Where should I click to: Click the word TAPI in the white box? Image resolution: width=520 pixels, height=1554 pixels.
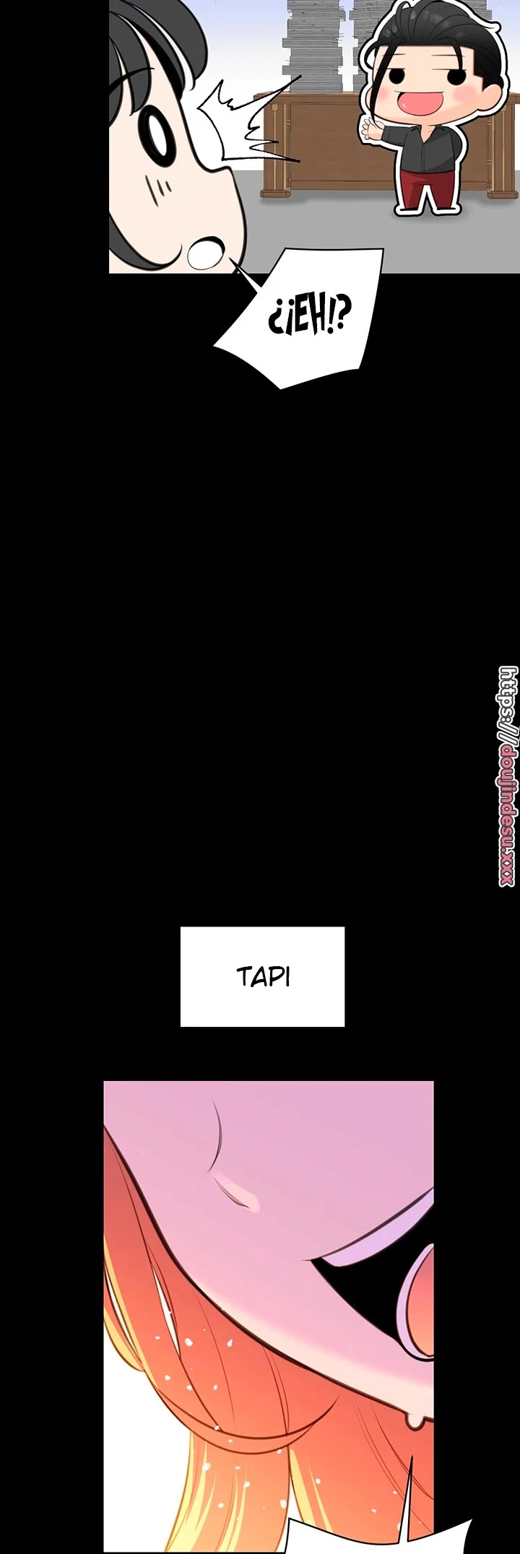(263, 977)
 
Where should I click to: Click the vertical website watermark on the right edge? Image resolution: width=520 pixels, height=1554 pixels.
(508, 776)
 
